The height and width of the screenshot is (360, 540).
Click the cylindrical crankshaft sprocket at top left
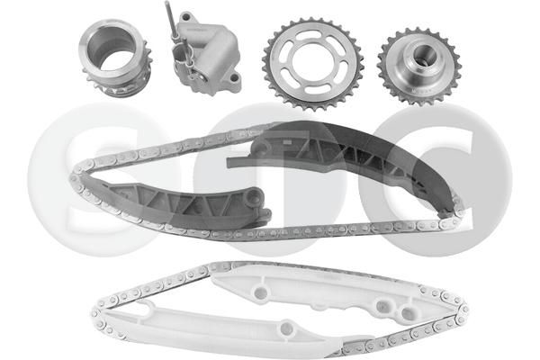click(115, 59)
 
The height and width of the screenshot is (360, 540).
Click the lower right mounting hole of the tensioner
click(234, 78)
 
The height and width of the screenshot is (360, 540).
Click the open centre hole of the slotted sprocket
click(312, 63)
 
